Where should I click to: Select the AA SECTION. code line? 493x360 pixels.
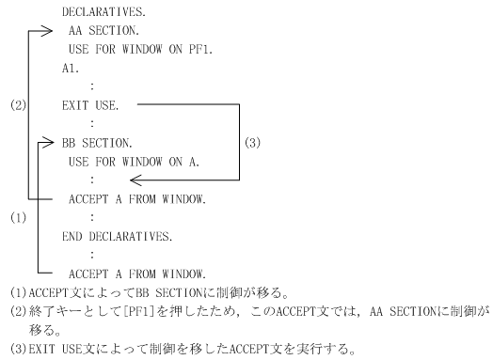pos(104,30)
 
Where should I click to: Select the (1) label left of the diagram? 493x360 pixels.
pos(18,218)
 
